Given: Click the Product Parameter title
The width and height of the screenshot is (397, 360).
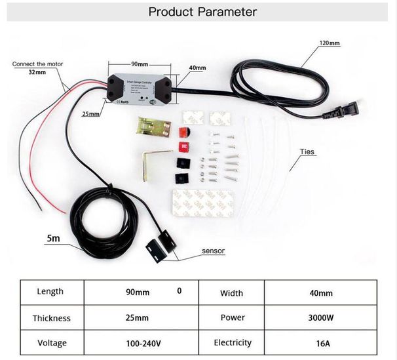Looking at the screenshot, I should (202, 12).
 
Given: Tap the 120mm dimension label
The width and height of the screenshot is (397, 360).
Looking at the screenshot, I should (330, 43).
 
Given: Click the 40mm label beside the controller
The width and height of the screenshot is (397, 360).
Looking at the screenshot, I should (197, 68).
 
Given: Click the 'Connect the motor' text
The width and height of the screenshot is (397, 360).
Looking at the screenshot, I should (39, 64).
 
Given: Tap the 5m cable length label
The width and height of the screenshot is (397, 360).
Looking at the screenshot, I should (53, 238).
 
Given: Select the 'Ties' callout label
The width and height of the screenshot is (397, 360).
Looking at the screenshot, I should (307, 151).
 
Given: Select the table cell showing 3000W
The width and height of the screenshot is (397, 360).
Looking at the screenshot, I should (321, 317).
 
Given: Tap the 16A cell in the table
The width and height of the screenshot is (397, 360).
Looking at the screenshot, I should (321, 343).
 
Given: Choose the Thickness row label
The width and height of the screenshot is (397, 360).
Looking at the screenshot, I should (51, 317).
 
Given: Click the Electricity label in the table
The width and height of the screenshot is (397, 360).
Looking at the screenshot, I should (232, 343).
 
